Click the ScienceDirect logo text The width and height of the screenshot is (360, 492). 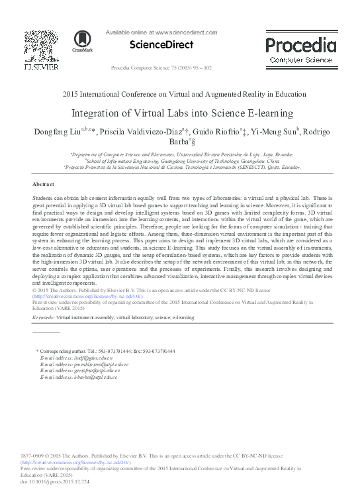pyautogui.click(x=161, y=45)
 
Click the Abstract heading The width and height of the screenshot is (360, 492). pyautogui.click(x=44, y=183)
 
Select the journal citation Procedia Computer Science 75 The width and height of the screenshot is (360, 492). pyautogui.click(x=161, y=68)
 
